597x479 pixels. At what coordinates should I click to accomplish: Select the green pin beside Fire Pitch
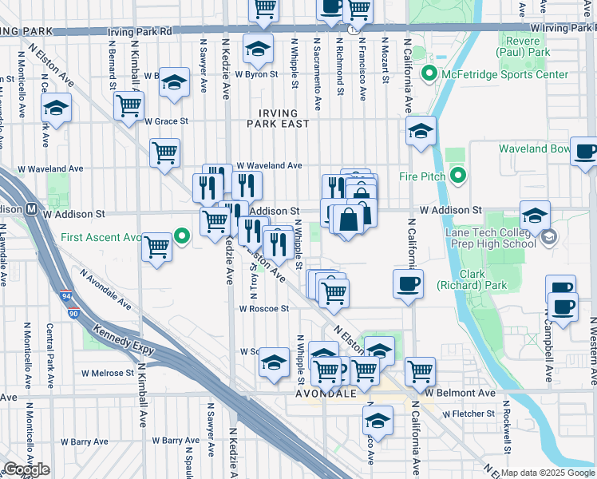pyautogui.click(x=457, y=176)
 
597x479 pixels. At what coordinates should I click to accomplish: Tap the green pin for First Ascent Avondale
pyautogui.click(x=182, y=236)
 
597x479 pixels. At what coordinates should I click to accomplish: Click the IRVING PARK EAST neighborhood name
pyautogui.click(x=278, y=119)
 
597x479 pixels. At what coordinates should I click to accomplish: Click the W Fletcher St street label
pyautogui.click(x=469, y=414)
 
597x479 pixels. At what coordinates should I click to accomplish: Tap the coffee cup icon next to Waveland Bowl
pyautogui.click(x=585, y=151)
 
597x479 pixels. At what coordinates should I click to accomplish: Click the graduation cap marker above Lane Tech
pyautogui.click(x=535, y=215)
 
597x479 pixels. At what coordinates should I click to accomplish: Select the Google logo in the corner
pyautogui.click(x=26, y=470)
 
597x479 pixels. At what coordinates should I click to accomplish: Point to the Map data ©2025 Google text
pyautogui.click(x=548, y=473)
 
